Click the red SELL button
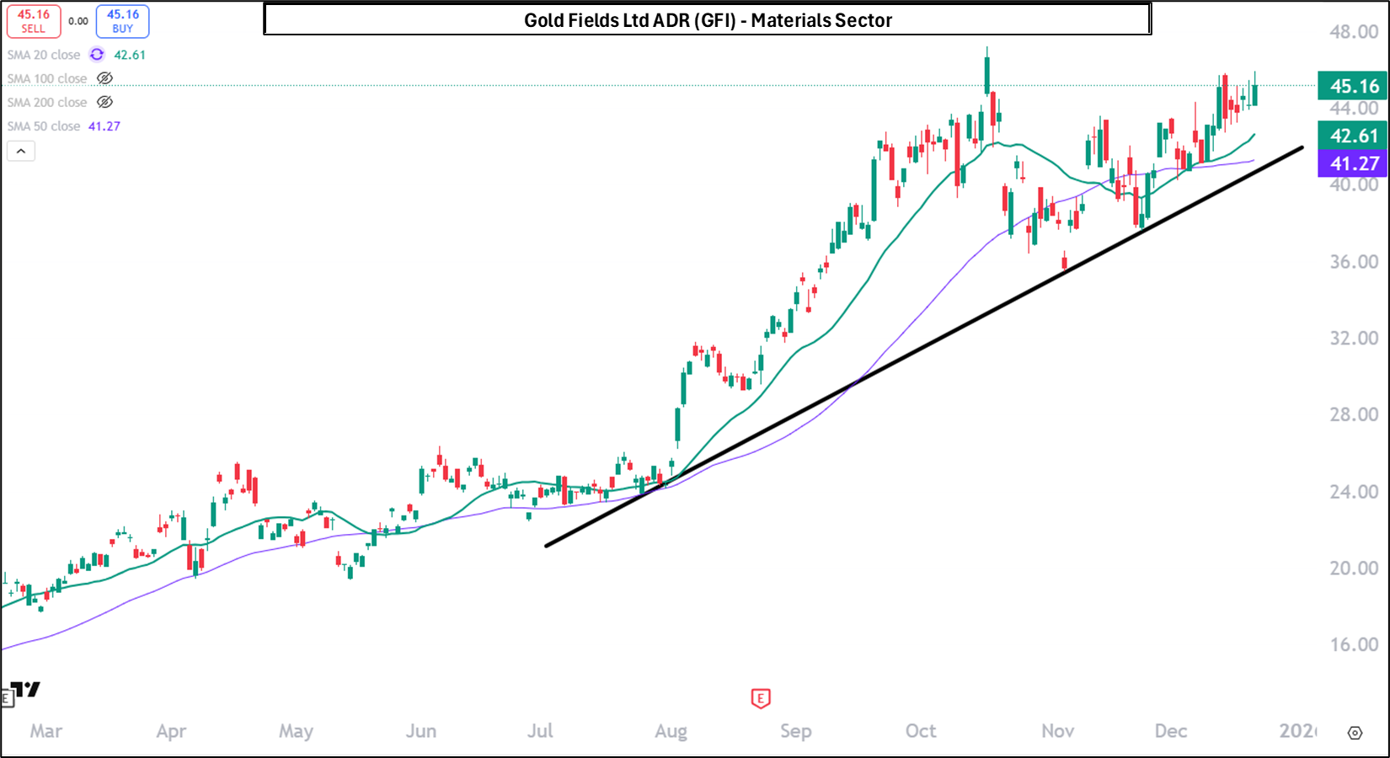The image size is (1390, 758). (34, 21)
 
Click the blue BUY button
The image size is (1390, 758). (123, 21)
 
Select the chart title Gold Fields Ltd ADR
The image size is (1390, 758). (708, 20)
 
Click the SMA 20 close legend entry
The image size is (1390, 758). (44, 55)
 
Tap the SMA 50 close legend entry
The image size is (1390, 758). (44, 126)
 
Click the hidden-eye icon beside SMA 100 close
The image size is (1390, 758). (104, 78)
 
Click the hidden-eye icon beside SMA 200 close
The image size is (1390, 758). (104, 102)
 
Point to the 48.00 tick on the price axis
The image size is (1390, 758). (1354, 32)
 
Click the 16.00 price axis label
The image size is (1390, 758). (1354, 645)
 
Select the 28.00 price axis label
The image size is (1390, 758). (1354, 414)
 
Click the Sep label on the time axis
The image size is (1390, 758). (796, 731)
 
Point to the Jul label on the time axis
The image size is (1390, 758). (540, 731)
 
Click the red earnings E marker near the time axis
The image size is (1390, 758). (761, 698)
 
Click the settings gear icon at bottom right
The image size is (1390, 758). (1355, 733)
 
